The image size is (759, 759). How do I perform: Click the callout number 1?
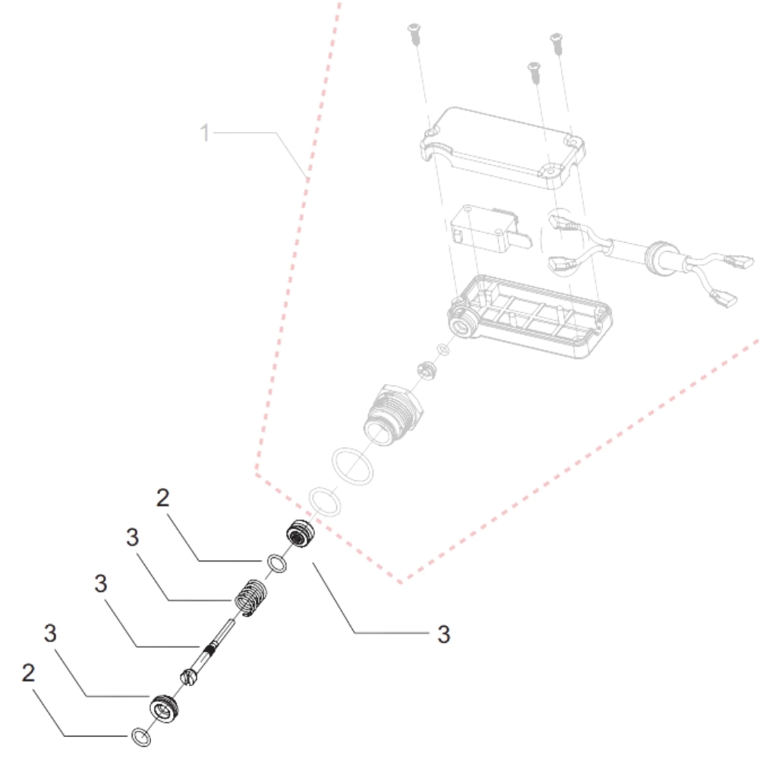coord(203,134)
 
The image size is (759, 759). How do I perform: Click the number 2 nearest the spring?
coord(162,499)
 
